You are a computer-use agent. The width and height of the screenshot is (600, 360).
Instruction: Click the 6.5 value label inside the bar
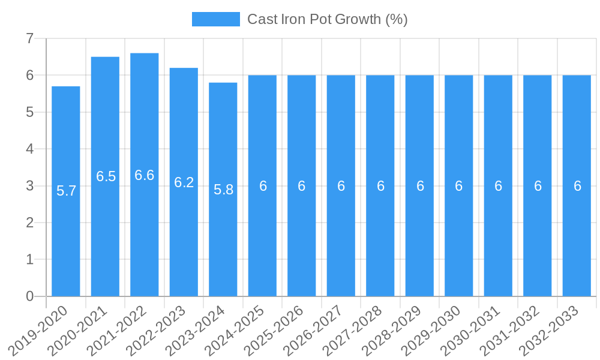point(106,176)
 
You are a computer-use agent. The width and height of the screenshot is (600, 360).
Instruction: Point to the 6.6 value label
point(145,175)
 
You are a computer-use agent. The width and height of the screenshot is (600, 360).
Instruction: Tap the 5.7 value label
point(66,191)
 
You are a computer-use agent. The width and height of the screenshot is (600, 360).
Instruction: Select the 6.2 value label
point(184,182)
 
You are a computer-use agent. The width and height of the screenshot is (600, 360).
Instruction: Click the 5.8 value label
point(223,190)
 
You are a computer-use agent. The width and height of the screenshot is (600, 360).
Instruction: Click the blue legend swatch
point(215,19)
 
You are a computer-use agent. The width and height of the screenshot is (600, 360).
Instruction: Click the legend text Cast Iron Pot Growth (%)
point(328,19)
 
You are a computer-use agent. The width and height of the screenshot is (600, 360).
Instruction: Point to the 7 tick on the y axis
point(29,38)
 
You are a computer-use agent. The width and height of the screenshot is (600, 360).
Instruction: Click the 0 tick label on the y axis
point(29,296)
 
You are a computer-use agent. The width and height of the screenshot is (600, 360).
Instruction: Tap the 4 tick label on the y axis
point(29,149)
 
